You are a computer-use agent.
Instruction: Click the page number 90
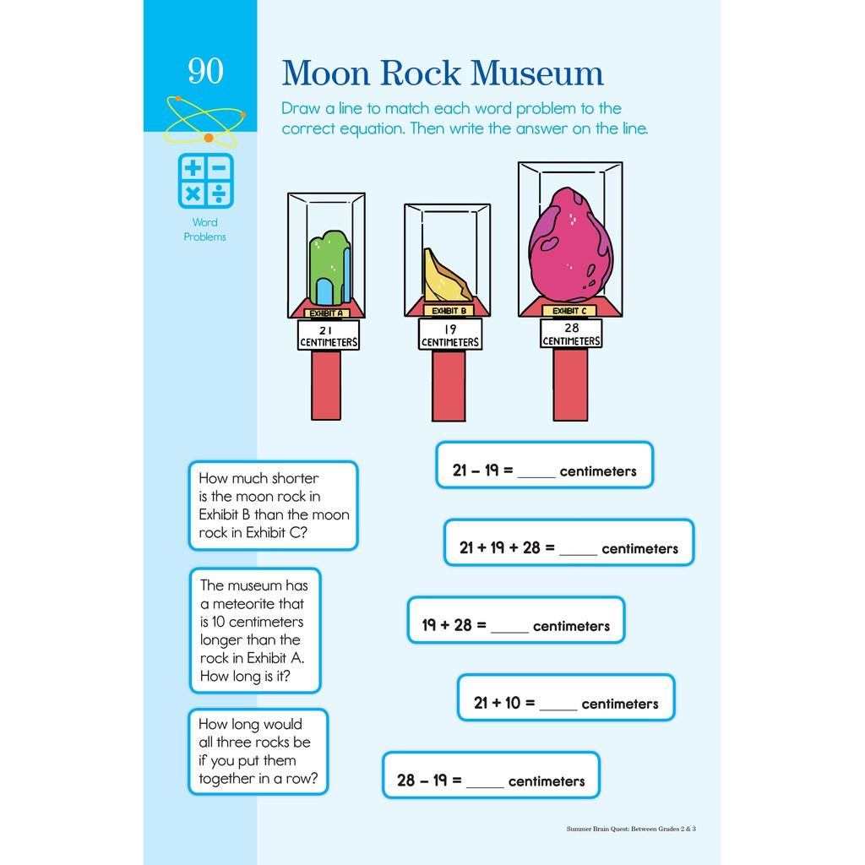click(x=205, y=71)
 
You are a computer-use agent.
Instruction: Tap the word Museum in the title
click(x=536, y=74)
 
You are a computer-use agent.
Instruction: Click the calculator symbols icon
click(x=205, y=181)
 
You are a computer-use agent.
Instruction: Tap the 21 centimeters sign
click(x=329, y=336)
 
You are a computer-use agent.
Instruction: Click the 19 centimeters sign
click(x=449, y=336)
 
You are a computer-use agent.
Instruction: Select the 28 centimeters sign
click(x=571, y=335)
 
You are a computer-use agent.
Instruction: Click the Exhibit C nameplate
click(x=570, y=311)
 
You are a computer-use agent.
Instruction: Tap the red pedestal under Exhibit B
click(x=449, y=384)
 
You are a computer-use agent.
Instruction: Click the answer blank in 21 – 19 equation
click(x=536, y=473)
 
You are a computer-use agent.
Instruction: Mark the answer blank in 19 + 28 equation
click(x=509, y=628)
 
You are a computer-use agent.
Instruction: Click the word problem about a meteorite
click(x=254, y=630)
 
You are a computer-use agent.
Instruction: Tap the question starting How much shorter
click(x=273, y=505)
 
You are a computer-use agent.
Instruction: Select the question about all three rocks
click(x=258, y=752)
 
